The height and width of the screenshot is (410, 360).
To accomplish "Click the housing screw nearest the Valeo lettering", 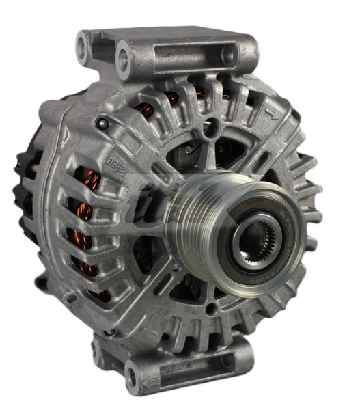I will pyautogui.click(x=102, y=124).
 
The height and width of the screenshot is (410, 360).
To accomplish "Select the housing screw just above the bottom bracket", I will pyautogui.click(x=110, y=332).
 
